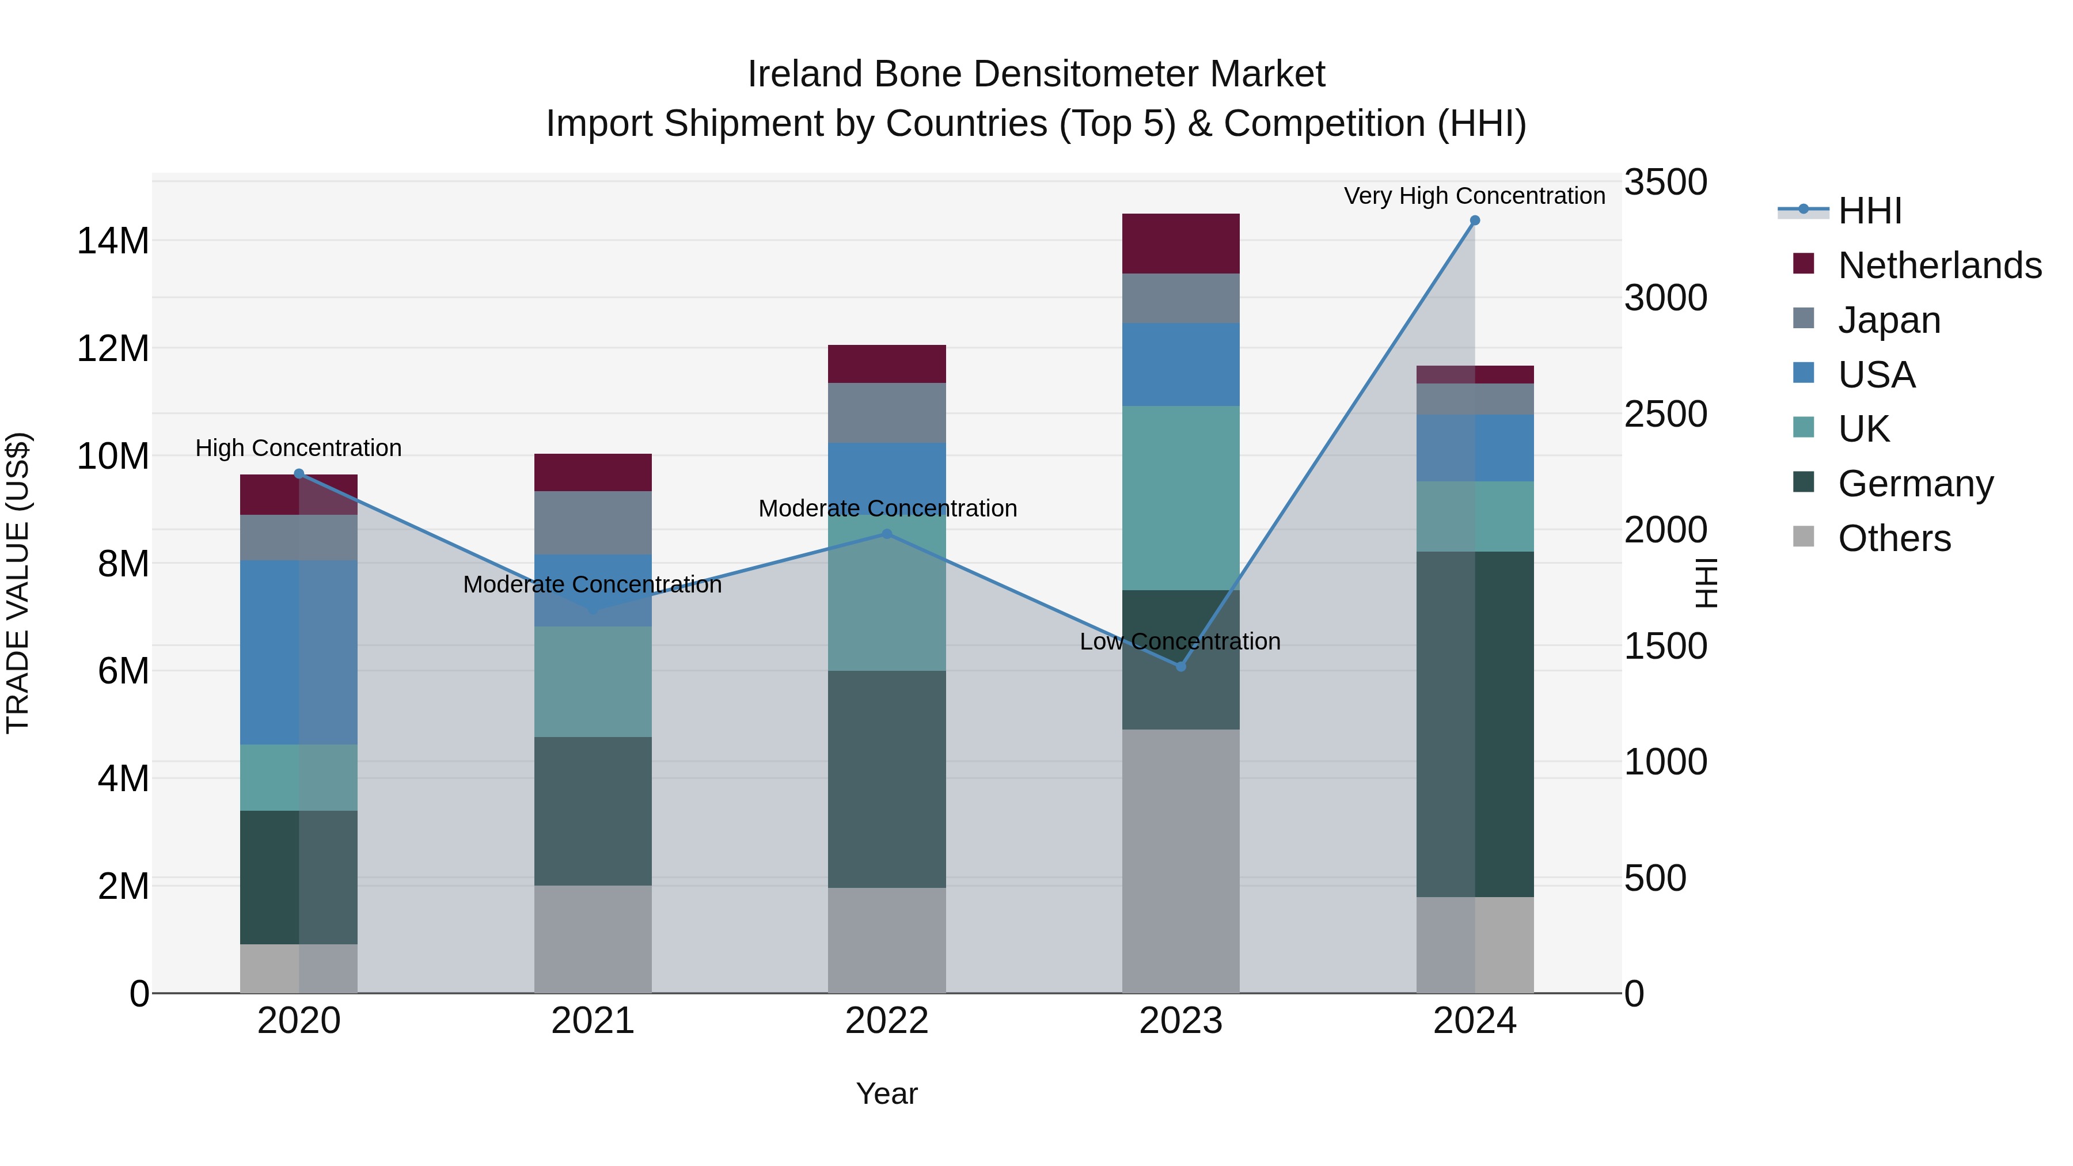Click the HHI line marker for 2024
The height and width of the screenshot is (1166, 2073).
coord(1474,221)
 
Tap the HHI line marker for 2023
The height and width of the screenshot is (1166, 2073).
coord(1180,666)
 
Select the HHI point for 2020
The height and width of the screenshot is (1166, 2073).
coord(298,474)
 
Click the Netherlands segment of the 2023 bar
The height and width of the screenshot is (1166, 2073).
coord(1180,244)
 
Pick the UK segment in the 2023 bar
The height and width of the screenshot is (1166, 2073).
coord(1180,497)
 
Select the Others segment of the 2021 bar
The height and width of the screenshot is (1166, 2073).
coord(593,939)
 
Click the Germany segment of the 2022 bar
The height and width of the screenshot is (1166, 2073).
coord(887,779)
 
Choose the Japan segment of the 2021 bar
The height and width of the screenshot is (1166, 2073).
coord(593,523)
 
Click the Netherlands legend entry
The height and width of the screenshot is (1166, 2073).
coord(1939,265)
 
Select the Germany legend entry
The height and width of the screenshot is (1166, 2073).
coord(1915,484)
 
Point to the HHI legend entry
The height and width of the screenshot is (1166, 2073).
coord(1869,211)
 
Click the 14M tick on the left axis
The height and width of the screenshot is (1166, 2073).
coord(113,241)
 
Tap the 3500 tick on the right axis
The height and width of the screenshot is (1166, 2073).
coord(1665,183)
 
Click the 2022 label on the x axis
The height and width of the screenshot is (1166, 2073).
coord(887,1021)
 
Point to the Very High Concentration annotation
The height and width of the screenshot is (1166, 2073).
coord(1474,196)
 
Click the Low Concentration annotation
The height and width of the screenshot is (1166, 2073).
coord(1180,642)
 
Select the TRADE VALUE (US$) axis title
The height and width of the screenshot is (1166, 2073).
coord(18,583)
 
